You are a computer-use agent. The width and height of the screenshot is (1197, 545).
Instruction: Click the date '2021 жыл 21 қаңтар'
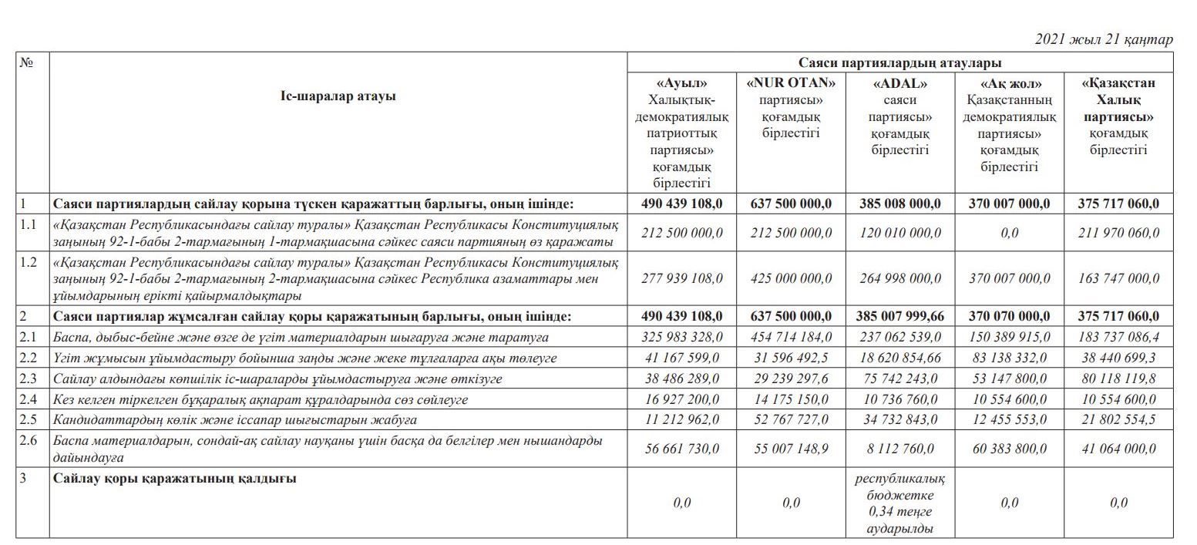(x=1104, y=39)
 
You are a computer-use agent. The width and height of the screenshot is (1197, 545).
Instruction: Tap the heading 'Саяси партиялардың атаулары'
(x=899, y=63)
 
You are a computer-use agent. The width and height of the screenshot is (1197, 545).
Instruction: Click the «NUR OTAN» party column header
(x=790, y=108)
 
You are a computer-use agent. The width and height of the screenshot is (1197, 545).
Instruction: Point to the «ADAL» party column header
(x=899, y=116)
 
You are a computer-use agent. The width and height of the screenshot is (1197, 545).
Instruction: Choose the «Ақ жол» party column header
(x=1010, y=124)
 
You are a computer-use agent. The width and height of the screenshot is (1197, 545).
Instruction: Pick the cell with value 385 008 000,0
(x=899, y=204)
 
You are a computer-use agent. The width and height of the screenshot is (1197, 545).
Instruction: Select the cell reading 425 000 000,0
(x=790, y=278)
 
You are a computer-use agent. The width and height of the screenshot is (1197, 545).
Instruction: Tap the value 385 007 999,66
(x=899, y=316)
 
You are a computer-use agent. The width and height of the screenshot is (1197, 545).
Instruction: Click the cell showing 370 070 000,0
(x=1010, y=316)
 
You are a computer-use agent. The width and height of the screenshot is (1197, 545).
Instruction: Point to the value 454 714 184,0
(x=790, y=337)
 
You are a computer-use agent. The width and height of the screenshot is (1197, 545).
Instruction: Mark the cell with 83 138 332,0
(x=1010, y=358)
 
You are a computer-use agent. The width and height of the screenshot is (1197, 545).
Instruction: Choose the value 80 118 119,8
(x=1118, y=378)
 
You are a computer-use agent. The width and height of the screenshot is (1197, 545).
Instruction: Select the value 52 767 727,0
(x=790, y=420)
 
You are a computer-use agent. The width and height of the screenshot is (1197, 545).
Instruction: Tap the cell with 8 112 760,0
(x=899, y=449)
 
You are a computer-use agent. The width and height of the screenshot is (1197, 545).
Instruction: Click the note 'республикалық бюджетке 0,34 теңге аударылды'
(x=899, y=503)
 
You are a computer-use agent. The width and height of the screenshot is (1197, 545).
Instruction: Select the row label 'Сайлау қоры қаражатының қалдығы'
(x=175, y=479)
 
